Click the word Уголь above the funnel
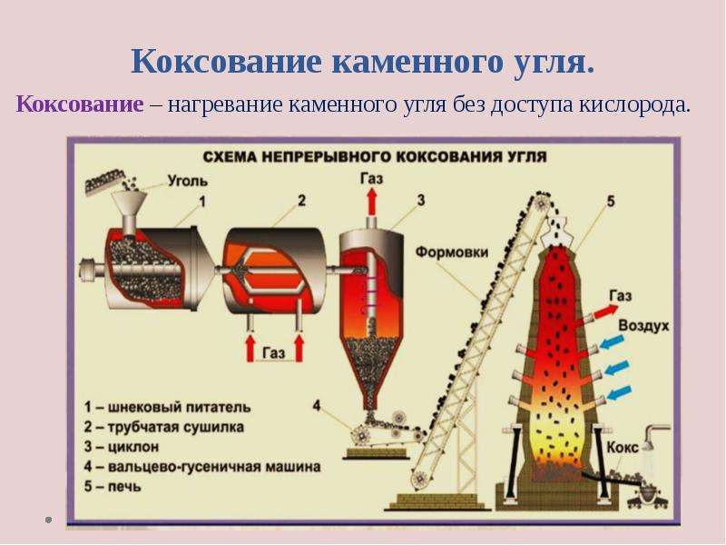(x=188, y=180)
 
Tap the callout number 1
(x=201, y=202)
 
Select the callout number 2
(x=302, y=201)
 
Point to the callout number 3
(x=421, y=200)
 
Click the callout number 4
(x=317, y=406)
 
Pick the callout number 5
(x=611, y=201)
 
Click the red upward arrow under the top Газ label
(x=371, y=202)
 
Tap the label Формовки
(x=452, y=253)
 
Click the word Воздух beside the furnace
(x=643, y=325)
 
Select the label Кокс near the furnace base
(x=623, y=447)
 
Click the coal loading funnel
(x=129, y=207)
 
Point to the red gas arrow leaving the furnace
(x=606, y=311)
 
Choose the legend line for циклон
(x=122, y=447)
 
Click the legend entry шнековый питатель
(x=167, y=407)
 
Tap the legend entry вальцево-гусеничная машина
(x=201, y=466)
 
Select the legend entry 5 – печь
(x=113, y=487)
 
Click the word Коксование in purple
(x=80, y=104)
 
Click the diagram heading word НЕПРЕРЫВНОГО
(x=324, y=156)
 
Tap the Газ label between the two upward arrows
(x=274, y=353)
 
